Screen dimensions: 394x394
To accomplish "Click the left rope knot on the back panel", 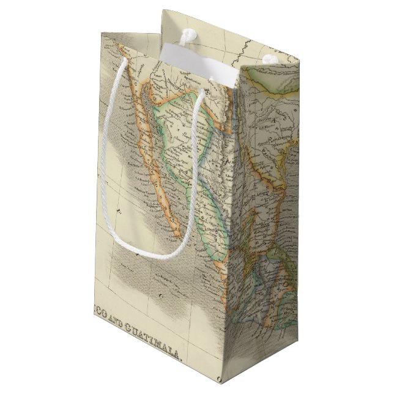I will click(182, 42).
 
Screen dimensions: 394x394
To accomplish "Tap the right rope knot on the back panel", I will click(267, 60).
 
